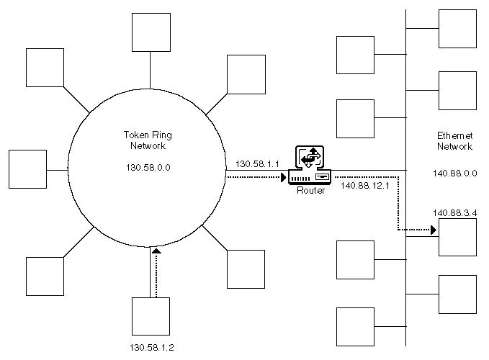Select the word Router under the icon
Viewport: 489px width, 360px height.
(x=311, y=191)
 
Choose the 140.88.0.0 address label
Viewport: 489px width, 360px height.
(x=454, y=173)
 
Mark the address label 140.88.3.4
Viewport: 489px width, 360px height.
(x=454, y=212)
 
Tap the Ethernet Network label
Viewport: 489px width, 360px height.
(x=454, y=141)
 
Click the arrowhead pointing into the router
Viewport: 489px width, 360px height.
(x=282, y=175)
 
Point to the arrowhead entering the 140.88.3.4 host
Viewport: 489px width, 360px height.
(x=432, y=230)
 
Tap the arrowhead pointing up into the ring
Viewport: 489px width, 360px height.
(x=155, y=251)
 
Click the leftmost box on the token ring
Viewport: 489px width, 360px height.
(x=27, y=169)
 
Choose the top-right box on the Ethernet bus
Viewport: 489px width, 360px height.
(x=457, y=29)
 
